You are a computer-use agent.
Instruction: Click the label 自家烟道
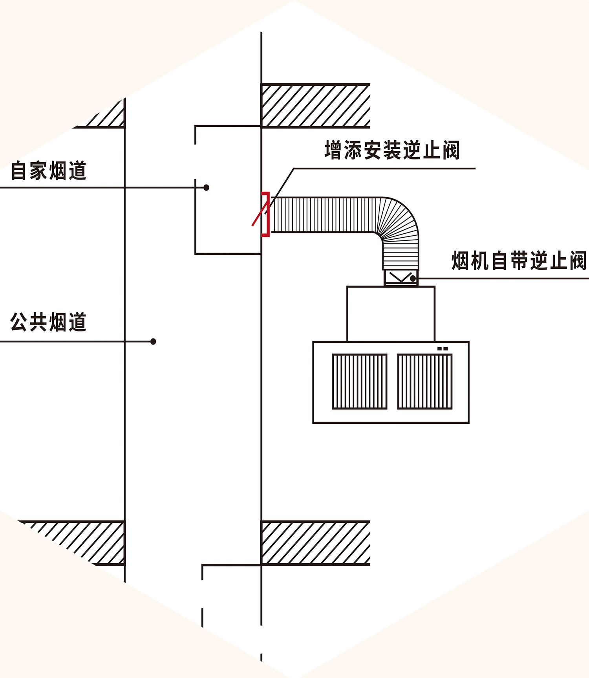[x=49, y=171]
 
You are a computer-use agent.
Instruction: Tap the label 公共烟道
[x=49, y=322]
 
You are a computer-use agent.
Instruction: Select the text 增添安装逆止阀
[x=392, y=150]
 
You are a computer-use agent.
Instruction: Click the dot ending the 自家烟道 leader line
[x=206, y=188]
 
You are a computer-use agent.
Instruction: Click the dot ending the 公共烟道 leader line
[x=153, y=342]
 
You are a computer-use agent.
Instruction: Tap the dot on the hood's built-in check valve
[x=413, y=279]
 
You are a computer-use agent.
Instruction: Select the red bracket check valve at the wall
[x=267, y=214]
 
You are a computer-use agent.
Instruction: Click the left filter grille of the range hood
[x=360, y=381]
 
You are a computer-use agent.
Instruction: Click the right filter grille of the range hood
[x=425, y=381]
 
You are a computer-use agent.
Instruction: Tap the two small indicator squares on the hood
[x=443, y=348]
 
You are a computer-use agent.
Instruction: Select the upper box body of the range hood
[x=391, y=314]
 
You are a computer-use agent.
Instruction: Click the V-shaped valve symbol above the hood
[x=400, y=277]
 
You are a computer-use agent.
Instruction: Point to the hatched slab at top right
[x=316, y=106]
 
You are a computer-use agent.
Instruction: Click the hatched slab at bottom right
[x=316, y=543]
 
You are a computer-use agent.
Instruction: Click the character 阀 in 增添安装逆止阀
[x=451, y=150]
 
